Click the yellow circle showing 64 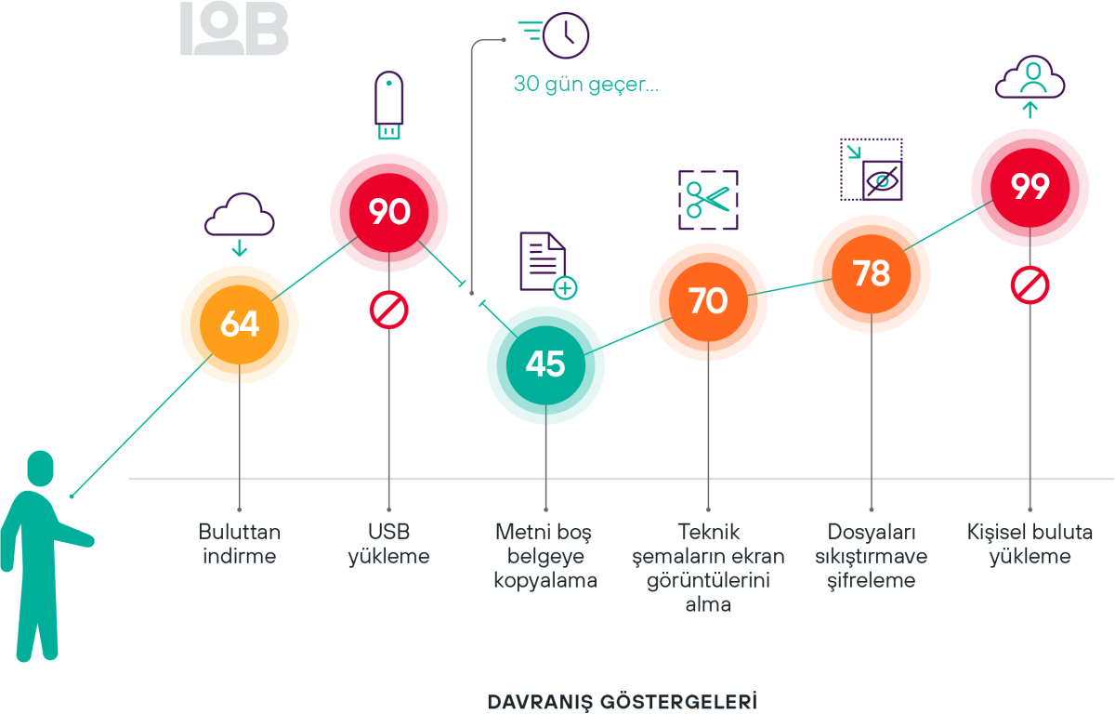coord(240,324)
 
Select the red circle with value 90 coord(388,213)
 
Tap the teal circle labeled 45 coord(545,364)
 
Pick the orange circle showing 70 coord(708,301)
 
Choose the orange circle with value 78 coord(871,274)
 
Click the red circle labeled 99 coord(1030,188)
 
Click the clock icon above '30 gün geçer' coord(565,35)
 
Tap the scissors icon coord(708,199)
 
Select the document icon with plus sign coord(546,266)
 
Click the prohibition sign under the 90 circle coord(388,310)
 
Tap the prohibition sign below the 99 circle coord(1030,286)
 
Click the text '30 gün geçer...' coord(585,85)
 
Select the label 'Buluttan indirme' coord(240,544)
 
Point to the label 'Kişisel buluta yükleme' coord(1030,544)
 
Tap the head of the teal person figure coord(40,468)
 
